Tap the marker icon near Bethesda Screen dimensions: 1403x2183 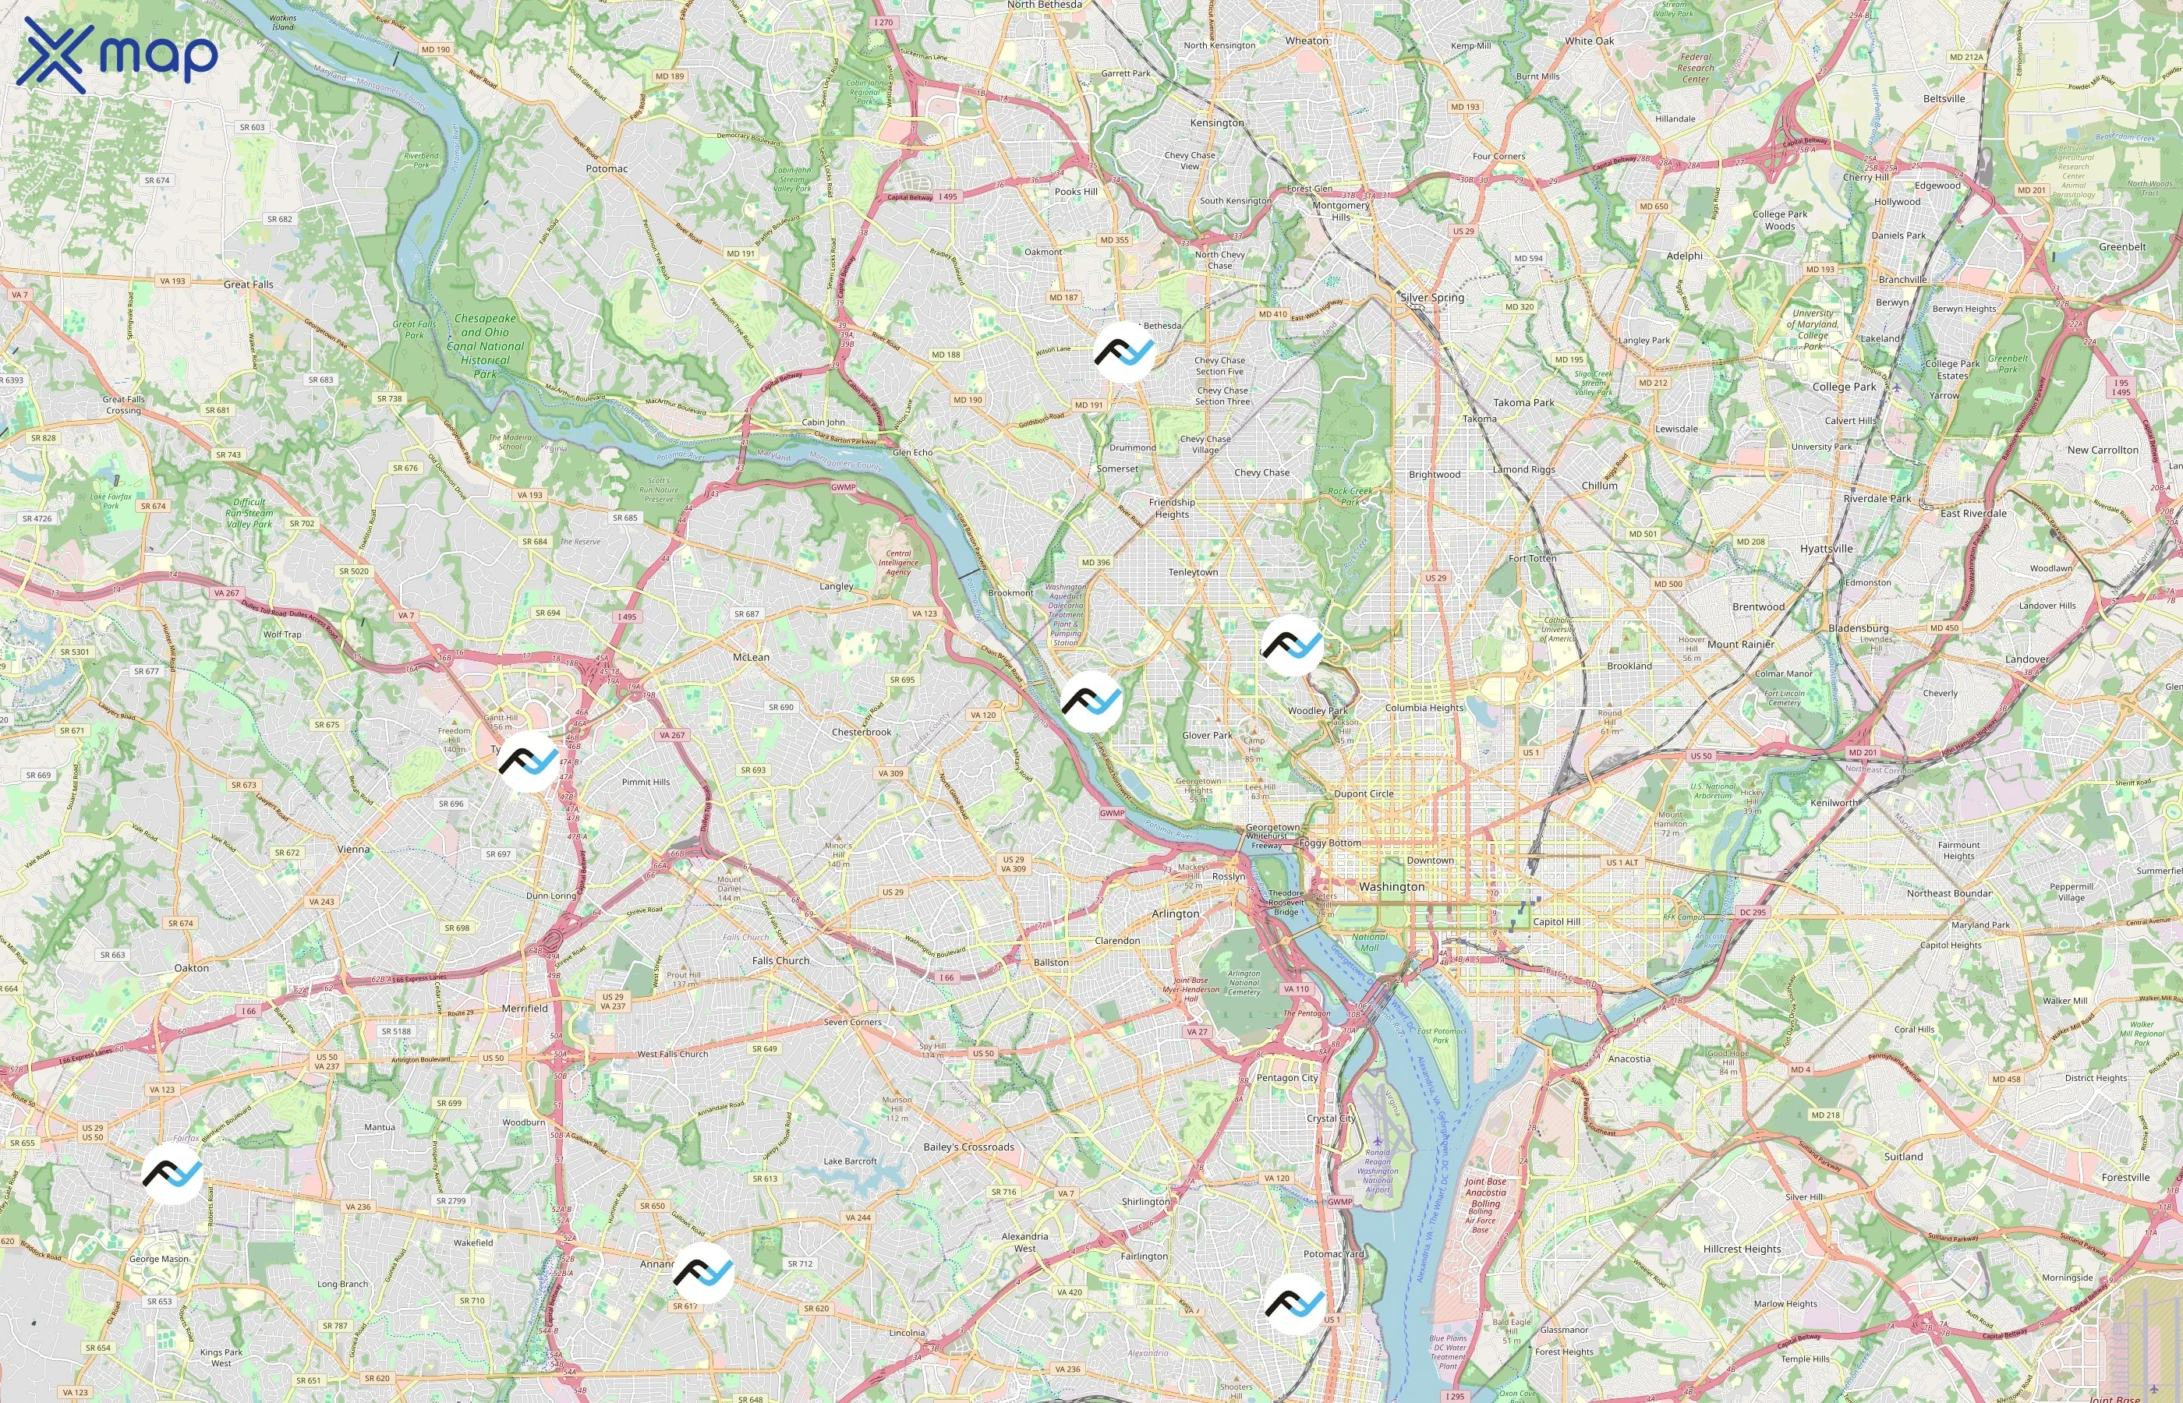[1124, 351]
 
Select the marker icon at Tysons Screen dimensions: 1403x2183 [529, 761]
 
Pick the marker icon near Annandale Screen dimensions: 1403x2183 [703, 1273]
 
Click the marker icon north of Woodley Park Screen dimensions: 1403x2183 [1292, 645]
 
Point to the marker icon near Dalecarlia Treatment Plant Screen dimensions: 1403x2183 [1091, 701]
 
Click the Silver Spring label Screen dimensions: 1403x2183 [1432, 298]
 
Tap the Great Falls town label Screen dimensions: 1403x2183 [248, 284]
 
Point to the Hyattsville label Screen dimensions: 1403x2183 [1826, 549]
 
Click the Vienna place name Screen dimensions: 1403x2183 [353, 849]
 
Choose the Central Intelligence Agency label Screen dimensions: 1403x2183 [897, 562]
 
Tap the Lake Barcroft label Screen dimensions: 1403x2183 [849, 1161]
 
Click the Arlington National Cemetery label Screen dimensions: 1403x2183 [1244, 983]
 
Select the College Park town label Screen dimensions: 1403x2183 [1844, 387]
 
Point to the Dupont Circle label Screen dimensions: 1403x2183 [1363, 793]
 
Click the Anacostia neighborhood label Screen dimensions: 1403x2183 [1628, 1058]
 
